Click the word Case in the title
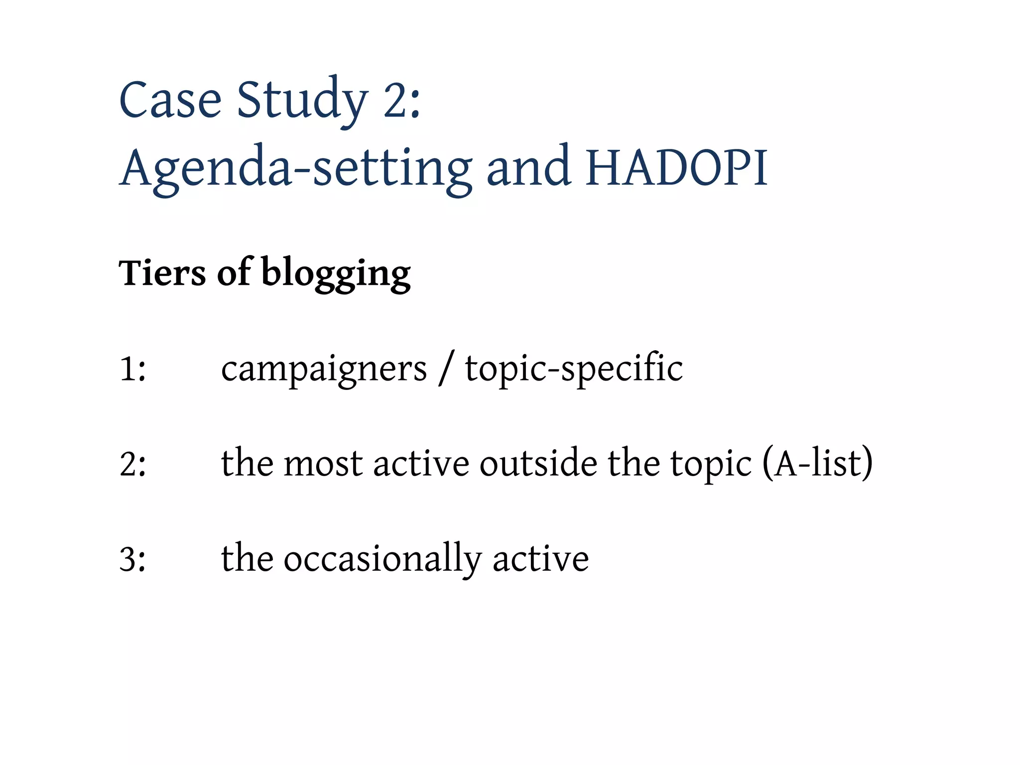[x=170, y=101]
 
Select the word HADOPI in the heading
[x=676, y=168]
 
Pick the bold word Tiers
[x=162, y=273]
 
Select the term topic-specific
[x=574, y=369]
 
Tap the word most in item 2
[x=323, y=464]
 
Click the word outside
[x=538, y=463]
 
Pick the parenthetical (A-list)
[x=817, y=464]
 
